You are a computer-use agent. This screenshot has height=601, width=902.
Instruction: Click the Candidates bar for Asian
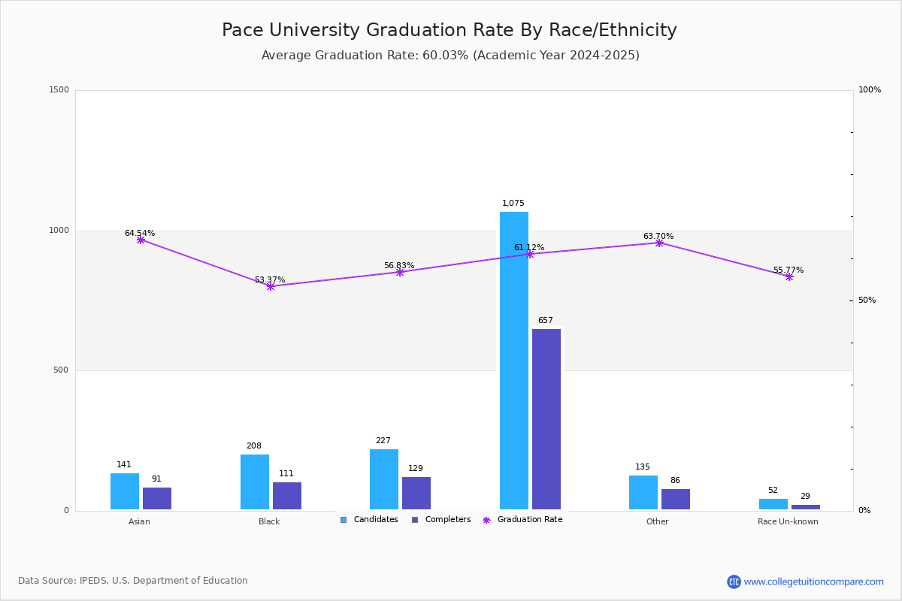pyautogui.click(x=125, y=491)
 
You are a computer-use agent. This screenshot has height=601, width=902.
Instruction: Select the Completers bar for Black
pyautogui.click(x=287, y=496)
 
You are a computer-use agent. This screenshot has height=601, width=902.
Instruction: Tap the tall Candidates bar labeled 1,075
pyautogui.click(x=514, y=361)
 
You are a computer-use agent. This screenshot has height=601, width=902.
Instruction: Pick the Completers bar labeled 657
pyautogui.click(x=546, y=419)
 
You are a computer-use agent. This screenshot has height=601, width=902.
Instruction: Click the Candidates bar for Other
pyautogui.click(x=643, y=492)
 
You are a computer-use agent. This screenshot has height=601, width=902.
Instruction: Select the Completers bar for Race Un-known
pyautogui.click(x=806, y=507)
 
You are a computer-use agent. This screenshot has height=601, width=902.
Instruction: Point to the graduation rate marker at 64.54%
pyautogui.click(x=141, y=240)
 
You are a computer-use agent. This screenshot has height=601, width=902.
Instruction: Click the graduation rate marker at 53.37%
pyautogui.click(x=271, y=286)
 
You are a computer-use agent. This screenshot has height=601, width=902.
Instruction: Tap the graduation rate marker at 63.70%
pyautogui.click(x=659, y=243)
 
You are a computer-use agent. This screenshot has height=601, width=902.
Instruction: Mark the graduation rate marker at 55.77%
pyautogui.click(x=789, y=276)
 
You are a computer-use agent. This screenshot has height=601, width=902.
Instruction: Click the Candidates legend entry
pyautogui.click(x=369, y=520)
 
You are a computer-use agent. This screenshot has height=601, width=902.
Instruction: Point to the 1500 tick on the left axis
pyautogui.click(x=59, y=90)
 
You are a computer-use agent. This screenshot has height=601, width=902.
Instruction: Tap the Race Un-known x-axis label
pyautogui.click(x=788, y=522)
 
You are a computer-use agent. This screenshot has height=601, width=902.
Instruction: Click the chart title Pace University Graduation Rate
pyautogui.click(x=449, y=30)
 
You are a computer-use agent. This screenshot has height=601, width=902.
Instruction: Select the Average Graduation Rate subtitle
pyautogui.click(x=450, y=56)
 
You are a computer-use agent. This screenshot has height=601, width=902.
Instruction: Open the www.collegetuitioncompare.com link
pyautogui.click(x=813, y=581)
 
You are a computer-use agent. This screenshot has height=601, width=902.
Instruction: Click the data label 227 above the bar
pyautogui.click(x=383, y=441)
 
